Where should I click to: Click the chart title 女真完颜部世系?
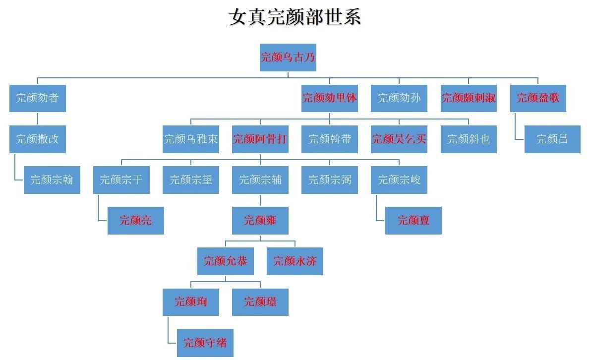pyautogui.click(x=295, y=17)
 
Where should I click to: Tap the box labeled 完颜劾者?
pyautogui.click(x=37, y=98)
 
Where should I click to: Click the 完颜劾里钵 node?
pyautogui.click(x=329, y=98)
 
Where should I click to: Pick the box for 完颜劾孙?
pyautogui.click(x=399, y=98)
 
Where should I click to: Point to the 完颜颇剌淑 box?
pyautogui.click(x=468, y=98)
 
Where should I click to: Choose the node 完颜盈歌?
pyautogui.click(x=537, y=98)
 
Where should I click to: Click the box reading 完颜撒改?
pyautogui.click(x=37, y=139)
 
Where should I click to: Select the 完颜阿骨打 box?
pyautogui.click(x=260, y=139)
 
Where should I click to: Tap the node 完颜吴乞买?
pyautogui.click(x=399, y=139)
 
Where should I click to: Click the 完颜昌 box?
pyautogui.click(x=552, y=139)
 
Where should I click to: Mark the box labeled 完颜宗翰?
pyautogui.click(x=52, y=180)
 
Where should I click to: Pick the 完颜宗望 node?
pyautogui.click(x=190, y=180)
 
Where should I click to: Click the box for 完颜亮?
pyautogui.click(x=135, y=220)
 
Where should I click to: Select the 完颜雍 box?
pyautogui.click(x=260, y=220)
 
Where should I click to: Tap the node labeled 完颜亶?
pyautogui.click(x=413, y=220)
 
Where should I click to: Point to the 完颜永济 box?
pyautogui.click(x=295, y=261)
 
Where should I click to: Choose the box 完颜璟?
pyautogui.click(x=260, y=301)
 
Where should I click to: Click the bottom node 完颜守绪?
pyautogui.click(x=205, y=342)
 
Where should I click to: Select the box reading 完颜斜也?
pyautogui.click(x=468, y=139)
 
